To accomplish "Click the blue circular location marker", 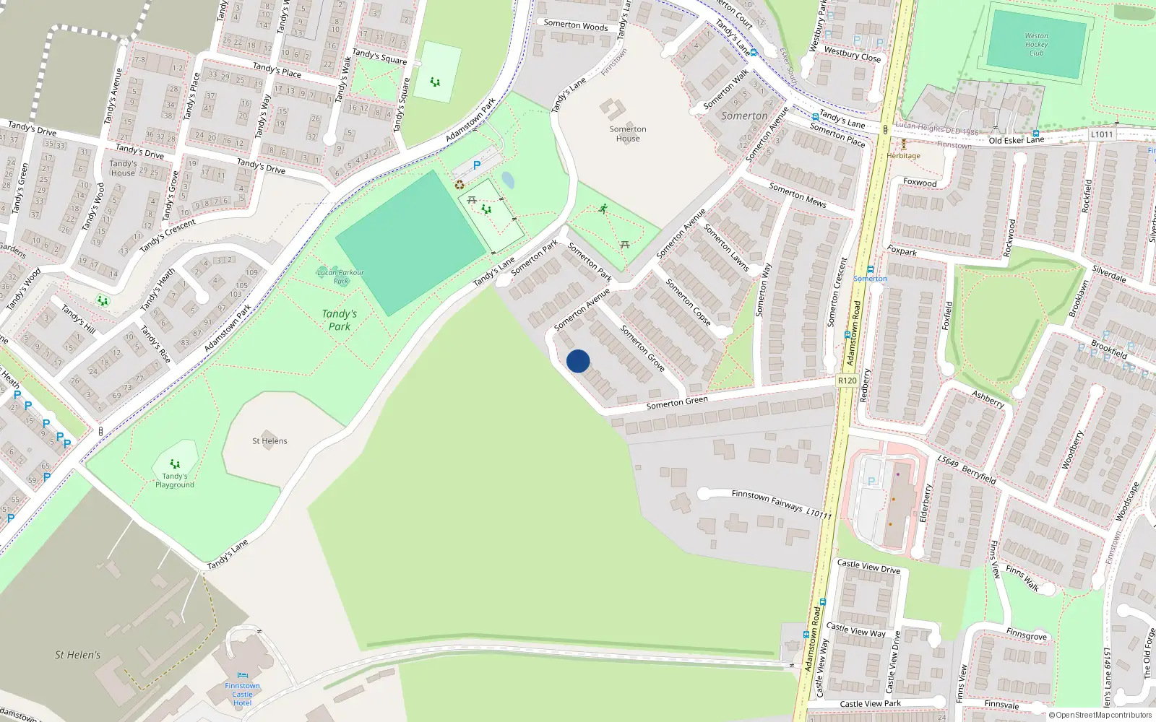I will point(578,361).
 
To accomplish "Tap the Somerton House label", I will point(628,134).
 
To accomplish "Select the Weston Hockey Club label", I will point(1036,44).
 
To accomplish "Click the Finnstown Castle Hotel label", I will point(242,694).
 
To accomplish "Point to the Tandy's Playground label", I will point(175,480).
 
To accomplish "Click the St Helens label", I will point(269,440).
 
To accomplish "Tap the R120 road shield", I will point(847,380).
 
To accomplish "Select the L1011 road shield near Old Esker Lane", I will point(1102,134).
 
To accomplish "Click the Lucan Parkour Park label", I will point(340,277).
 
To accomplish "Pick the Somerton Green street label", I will point(677,403).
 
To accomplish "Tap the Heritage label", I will point(904,156).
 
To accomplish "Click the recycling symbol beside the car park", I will point(460,185).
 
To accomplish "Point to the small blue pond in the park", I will point(508,180).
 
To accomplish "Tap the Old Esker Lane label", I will point(1016,140).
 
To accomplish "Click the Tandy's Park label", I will point(340,320).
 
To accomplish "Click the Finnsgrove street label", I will point(1026,634).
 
